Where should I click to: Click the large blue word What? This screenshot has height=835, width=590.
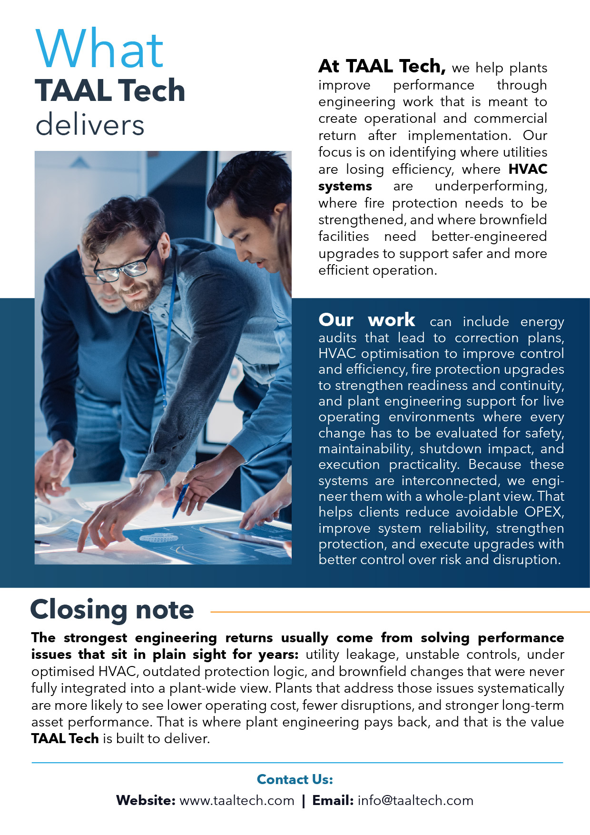click(x=100, y=49)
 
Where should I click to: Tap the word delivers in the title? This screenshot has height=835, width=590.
click(x=90, y=125)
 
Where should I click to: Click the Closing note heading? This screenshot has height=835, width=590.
click(x=112, y=610)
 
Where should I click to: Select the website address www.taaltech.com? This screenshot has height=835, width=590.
click(x=237, y=801)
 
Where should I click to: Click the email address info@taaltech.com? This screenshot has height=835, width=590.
click(x=415, y=801)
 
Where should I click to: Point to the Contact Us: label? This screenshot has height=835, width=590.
click(x=295, y=779)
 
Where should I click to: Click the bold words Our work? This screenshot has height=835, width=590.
click(x=366, y=320)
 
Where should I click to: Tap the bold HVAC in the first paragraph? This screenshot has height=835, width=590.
click(x=528, y=169)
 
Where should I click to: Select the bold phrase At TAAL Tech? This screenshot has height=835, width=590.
click(x=382, y=67)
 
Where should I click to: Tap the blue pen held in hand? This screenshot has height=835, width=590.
click(x=181, y=497)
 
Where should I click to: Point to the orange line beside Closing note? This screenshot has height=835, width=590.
click(x=400, y=612)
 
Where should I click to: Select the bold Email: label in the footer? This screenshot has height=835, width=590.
click(x=333, y=801)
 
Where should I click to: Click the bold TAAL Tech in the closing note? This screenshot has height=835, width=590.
click(x=65, y=739)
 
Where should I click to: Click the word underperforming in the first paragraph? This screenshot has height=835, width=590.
click(x=491, y=186)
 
